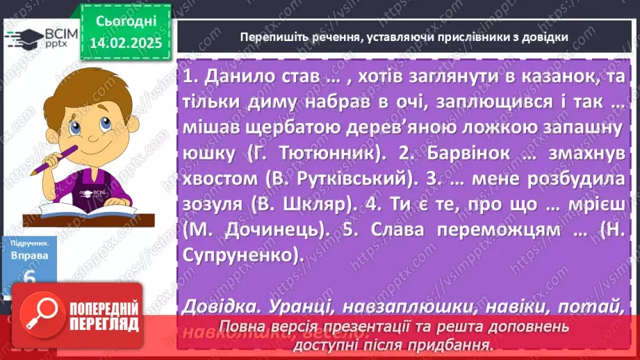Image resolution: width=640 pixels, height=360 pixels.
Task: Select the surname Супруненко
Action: (242, 256)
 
